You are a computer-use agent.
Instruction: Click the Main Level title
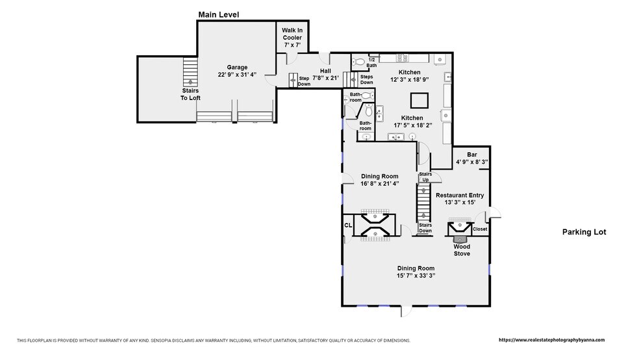[x=218, y=15]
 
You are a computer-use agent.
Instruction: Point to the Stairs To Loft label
[x=190, y=94]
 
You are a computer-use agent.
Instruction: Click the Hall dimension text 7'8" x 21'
[x=325, y=78]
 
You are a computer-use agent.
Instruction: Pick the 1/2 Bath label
[x=371, y=62]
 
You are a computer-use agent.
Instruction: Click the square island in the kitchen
[x=419, y=100]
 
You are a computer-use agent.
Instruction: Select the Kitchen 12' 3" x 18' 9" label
[x=410, y=76]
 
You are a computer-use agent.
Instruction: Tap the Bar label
[x=472, y=155]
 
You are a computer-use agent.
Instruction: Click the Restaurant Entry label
[x=460, y=196]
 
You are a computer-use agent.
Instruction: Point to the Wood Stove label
[x=462, y=250]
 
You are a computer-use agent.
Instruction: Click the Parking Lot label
[x=584, y=232]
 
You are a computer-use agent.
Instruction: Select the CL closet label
[x=348, y=225]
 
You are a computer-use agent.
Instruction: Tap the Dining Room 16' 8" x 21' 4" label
[x=379, y=180]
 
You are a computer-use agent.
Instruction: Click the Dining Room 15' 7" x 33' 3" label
[x=416, y=272]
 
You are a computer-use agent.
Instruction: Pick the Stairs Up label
[x=425, y=177]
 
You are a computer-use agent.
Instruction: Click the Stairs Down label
[x=425, y=228]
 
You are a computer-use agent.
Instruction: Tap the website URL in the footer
[x=552, y=340]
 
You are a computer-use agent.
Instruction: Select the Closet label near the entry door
[x=480, y=229]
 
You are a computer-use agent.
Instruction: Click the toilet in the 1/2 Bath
[x=359, y=62]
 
